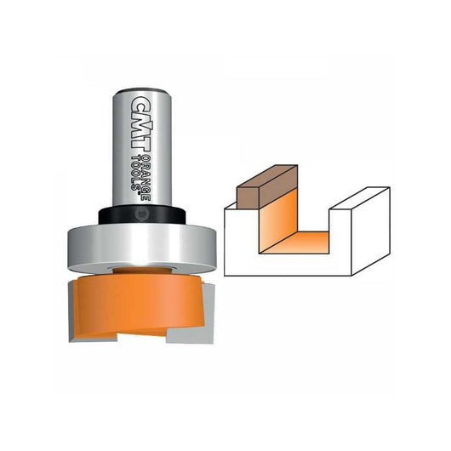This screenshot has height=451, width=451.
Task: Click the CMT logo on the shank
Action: [x=141, y=123]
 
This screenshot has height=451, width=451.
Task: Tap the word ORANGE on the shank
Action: [x=146, y=178]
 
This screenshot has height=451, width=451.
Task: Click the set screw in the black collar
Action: [x=141, y=214]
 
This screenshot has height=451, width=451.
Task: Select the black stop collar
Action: [x=142, y=214]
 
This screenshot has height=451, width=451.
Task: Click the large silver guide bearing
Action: [x=141, y=248]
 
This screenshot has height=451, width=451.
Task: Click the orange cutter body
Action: [x=139, y=304]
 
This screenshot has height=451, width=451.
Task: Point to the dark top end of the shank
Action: [x=142, y=92]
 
